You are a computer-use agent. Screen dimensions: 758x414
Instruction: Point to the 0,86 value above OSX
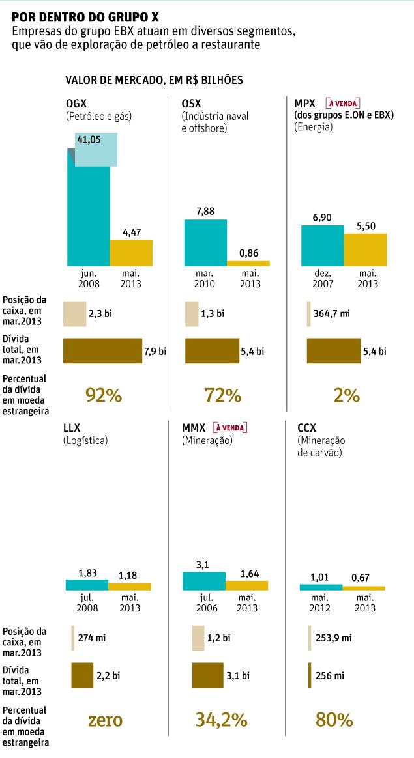(x=248, y=252)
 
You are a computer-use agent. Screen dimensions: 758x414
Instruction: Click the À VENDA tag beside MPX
(x=343, y=104)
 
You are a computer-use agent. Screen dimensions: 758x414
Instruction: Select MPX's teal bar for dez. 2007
(x=322, y=245)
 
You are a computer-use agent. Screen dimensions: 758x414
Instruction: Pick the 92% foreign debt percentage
(x=104, y=395)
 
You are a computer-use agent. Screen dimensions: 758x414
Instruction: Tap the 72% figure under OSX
(x=223, y=395)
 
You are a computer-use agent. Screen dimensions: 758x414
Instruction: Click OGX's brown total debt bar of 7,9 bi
(x=102, y=350)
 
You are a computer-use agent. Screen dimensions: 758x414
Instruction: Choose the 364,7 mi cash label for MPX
(x=333, y=314)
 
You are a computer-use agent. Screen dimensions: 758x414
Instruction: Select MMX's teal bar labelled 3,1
(x=203, y=581)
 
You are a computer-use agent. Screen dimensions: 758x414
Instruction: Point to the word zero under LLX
(x=104, y=720)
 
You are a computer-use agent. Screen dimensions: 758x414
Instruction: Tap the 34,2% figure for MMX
(x=222, y=720)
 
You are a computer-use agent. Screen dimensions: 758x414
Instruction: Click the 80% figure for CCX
(x=334, y=720)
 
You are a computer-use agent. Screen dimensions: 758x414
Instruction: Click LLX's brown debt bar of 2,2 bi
(x=82, y=675)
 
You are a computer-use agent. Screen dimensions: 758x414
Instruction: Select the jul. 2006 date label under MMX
(x=203, y=603)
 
